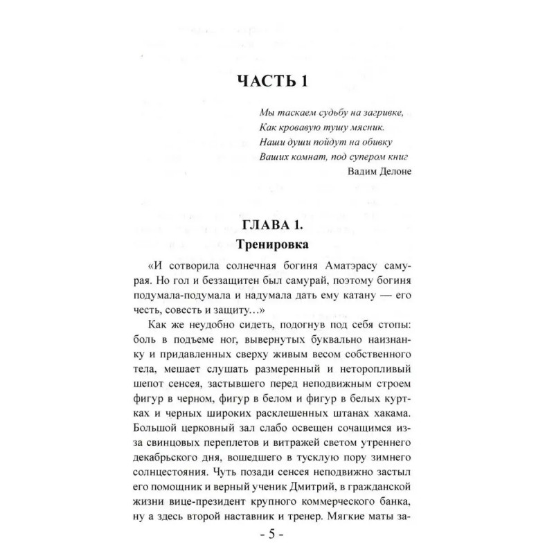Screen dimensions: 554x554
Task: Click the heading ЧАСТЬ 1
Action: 272,81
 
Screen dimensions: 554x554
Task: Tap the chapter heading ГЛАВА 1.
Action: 272,225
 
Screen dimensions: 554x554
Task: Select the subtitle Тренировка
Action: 272,244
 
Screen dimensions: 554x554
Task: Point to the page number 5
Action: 272,536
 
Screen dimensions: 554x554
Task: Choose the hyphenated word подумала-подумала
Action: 186,295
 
